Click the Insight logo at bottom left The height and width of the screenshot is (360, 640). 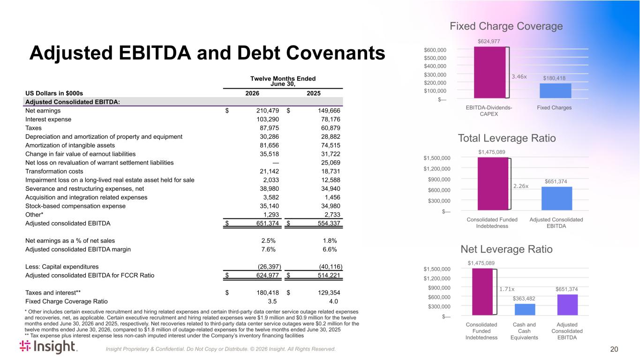click(48, 346)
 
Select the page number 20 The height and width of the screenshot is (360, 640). click(614, 349)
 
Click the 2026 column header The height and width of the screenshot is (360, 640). click(252, 93)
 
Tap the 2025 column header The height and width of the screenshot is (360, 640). click(313, 93)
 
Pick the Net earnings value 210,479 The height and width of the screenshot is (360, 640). click(267, 111)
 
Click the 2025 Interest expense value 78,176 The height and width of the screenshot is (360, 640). click(331, 120)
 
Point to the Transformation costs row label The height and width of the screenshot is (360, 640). click(54, 172)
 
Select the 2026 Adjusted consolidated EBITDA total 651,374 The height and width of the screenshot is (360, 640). click(267, 224)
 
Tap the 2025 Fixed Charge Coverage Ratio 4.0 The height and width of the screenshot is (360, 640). click(333, 301)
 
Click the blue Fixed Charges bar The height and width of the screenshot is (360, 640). click(556, 91)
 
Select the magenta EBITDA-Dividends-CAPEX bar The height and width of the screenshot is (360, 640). click(489, 73)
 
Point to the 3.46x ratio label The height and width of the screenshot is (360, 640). click(519, 76)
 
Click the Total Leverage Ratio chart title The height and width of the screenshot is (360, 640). click(507, 138)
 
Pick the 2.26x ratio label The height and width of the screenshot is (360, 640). click(521, 186)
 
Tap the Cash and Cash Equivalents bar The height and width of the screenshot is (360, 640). click(525, 309)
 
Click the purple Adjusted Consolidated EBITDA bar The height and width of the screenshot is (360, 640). click(567, 305)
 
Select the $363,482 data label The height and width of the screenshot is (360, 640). click(524, 299)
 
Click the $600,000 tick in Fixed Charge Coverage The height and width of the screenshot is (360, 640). click(435, 50)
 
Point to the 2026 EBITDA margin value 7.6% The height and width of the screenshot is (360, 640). click(268, 249)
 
